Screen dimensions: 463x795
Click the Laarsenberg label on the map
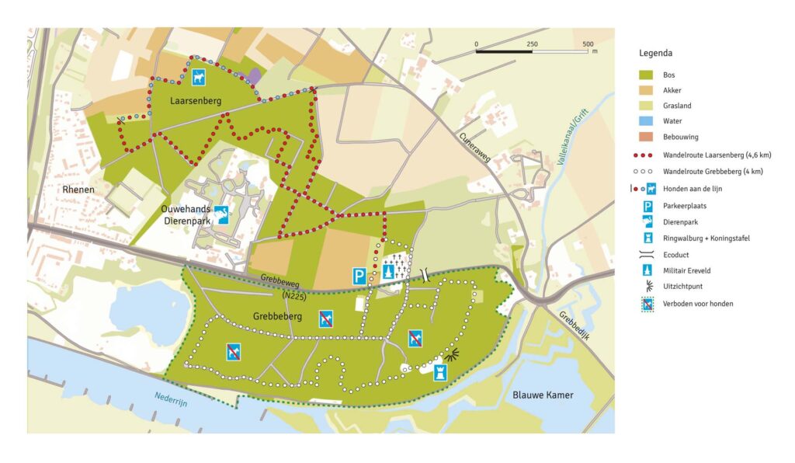click(196, 100)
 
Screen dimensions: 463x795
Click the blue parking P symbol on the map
click(359, 276)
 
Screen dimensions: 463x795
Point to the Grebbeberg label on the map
click(277, 316)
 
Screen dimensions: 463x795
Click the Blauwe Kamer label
click(543, 395)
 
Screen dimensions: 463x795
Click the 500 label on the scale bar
click(588, 44)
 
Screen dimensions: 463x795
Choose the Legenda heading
click(655, 54)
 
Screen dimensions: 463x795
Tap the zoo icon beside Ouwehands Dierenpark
click(223, 215)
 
